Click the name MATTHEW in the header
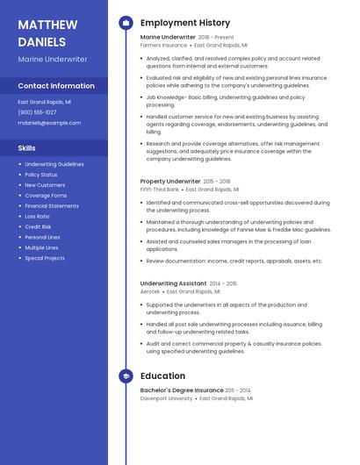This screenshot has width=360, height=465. point(47,24)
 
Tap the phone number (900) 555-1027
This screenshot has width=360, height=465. point(37,112)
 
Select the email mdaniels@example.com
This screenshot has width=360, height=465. point(49,123)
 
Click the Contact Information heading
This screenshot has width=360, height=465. point(56,86)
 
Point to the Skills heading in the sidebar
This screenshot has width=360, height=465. point(26,148)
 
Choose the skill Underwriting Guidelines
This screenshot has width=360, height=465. point(54,164)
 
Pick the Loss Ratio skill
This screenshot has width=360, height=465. point(38,216)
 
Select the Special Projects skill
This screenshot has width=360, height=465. point(45,258)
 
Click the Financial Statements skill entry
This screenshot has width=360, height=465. point(52,205)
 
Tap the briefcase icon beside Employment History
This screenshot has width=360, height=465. point(125,23)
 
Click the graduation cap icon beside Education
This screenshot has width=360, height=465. point(125,376)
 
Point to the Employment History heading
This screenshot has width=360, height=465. point(185,23)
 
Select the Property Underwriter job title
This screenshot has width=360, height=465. point(170,181)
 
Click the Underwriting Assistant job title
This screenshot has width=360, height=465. point(173,283)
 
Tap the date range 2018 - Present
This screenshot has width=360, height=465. point(216,38)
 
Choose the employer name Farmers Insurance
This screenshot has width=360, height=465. point(163,45)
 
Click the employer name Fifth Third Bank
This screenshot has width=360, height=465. point(160,189)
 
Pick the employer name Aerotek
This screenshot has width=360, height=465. point(150,291)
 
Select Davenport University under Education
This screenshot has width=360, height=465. point(166,398)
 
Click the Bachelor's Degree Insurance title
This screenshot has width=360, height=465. point(182,390)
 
